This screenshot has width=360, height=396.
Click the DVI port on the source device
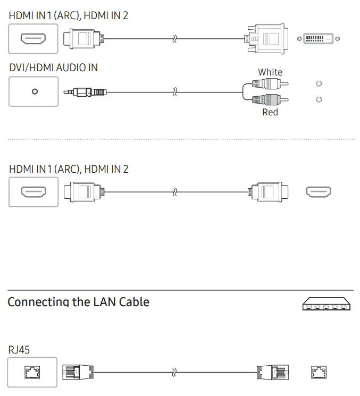point(319,39)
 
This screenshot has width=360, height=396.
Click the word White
point(270,72)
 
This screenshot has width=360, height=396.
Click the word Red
point(270,112)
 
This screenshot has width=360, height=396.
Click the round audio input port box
point(34,91)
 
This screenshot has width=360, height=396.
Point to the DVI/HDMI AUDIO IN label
point(53,68)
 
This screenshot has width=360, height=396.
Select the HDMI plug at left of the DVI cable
point(83,39)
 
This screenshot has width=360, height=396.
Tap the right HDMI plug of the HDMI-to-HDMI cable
point(270,192)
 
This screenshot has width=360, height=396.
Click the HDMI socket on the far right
point(319,192)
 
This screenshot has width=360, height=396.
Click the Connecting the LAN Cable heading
point(78,302)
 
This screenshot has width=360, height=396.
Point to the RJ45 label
point(19,350)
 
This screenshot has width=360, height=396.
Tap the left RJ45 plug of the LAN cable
point(78,372)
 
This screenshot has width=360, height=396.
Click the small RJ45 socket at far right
point(319,372)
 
